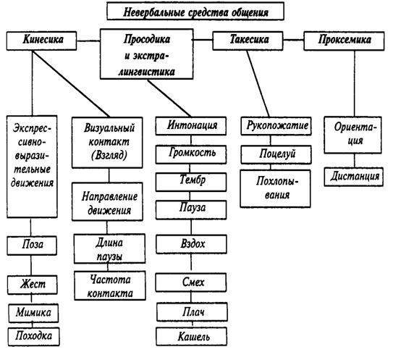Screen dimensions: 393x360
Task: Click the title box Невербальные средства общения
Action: coord(195,11)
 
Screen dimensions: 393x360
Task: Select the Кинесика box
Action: coord(41,41)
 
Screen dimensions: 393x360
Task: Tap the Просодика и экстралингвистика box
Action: coord(147,54)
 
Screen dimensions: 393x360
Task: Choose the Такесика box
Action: coord(248,41)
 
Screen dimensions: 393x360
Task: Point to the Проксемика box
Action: coord(344,41)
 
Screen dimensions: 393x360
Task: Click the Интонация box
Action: coord(191,126)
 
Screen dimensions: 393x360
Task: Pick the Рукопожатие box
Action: coord(276,126)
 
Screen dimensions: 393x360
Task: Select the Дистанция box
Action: coord(354,177)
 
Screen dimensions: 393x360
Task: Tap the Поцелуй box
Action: coord(276,154)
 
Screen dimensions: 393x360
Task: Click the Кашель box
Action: coord(192,336)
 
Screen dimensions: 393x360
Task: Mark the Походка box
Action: coord(34,337)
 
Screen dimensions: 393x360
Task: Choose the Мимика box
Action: coord(33,313)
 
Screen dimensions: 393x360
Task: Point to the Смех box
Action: coord(191,282)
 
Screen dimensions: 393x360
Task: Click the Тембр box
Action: coord(191,182)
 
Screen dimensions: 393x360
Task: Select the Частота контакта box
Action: coord(110,285)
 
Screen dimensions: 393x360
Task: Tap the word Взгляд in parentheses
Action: coord(109,155)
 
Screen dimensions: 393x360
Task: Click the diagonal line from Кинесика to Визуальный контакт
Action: coord(71,83)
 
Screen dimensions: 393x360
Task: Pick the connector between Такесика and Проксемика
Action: coord(294,40)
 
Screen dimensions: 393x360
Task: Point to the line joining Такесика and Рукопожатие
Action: coord(258,83)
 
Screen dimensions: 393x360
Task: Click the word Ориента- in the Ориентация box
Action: coord(355,127)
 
